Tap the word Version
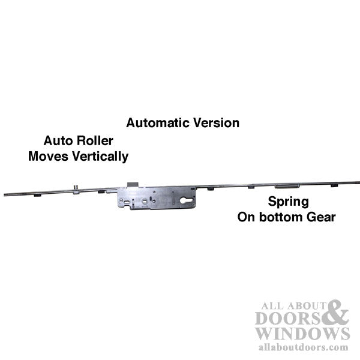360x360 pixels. pos(216,123)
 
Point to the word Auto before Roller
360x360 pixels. pos(58,140)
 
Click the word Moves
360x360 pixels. pos(49,157)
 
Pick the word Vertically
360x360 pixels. pos(100,157)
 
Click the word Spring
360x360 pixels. pos(289,202)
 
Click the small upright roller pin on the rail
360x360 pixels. pos(76,188)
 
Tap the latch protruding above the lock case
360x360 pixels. pos(133,185)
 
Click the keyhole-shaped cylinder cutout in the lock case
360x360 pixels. pos(186,200)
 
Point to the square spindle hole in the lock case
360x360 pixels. pos(145,202)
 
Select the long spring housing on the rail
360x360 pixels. pos(287,186)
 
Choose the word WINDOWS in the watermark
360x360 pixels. pos(302,334)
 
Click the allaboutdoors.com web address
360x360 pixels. pos(303,347)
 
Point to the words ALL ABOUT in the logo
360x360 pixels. pos(293,305)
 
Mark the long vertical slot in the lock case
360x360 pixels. pos(173,197)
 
